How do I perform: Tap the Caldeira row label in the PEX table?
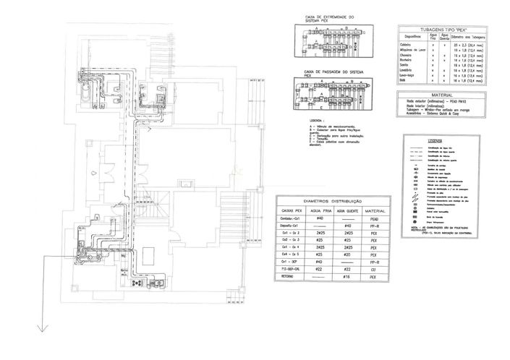point(407,44)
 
